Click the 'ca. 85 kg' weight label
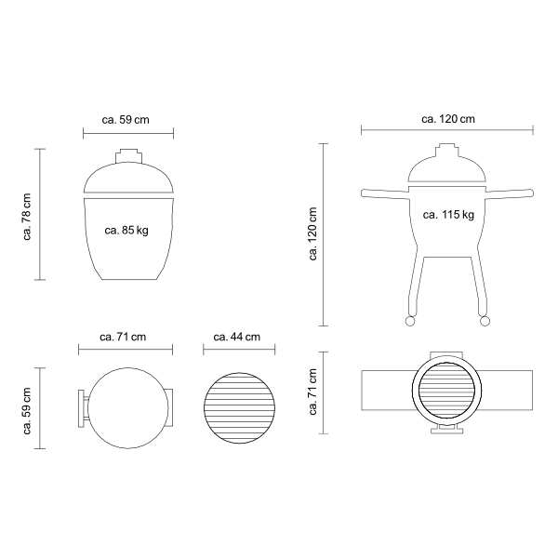point(126,231)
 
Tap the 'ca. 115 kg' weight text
point(448,215)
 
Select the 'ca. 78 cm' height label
point(27,217)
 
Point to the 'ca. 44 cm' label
point(236,337)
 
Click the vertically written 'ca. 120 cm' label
point(312,233)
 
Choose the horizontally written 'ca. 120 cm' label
point(448,119)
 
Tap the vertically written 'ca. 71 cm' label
point(312,392)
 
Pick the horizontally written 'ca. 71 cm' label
point(123,337)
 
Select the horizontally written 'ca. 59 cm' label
point(126,120)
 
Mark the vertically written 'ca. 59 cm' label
point(27,411)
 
